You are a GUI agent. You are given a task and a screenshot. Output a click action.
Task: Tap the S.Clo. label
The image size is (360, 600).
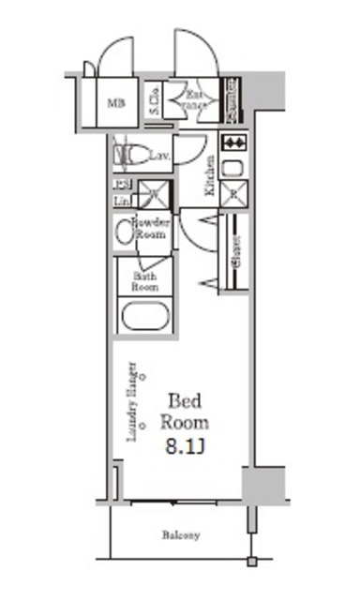coord(154,99)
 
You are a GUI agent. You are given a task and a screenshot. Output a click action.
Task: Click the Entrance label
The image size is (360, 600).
coord(194,100)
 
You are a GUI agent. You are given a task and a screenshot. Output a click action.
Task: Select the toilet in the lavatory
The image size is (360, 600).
coord(129,152)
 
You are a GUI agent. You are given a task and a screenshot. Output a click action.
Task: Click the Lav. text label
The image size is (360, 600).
coord(160,156)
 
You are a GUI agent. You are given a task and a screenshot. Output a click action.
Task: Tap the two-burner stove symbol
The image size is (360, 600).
coord(234,143)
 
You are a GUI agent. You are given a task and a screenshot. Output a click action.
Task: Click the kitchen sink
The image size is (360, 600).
coord(234,169)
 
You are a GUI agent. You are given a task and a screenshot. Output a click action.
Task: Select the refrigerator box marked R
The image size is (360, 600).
coord(234,196)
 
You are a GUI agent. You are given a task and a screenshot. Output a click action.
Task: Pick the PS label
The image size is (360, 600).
coord(122,184)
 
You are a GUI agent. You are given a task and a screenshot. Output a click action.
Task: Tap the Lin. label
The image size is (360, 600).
coord(122,200)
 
